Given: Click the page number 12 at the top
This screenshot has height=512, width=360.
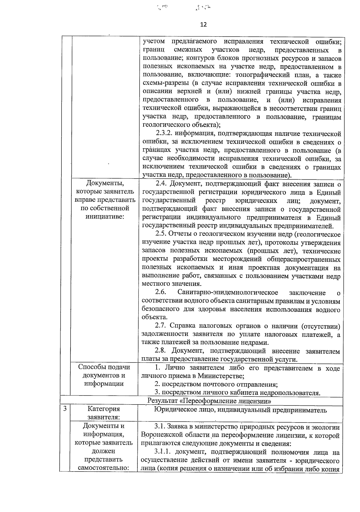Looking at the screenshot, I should point(203,25).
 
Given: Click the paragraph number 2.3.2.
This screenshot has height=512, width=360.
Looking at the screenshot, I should point(164,134).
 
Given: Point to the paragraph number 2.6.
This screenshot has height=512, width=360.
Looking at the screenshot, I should point(160,292).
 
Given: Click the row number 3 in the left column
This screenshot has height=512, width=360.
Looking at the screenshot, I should point(65,409).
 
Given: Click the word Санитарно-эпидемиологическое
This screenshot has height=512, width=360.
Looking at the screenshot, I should point(228,292).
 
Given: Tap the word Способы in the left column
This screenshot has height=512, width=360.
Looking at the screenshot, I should point(91,367).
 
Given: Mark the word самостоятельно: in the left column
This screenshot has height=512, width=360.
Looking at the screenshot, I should point(104,468).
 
